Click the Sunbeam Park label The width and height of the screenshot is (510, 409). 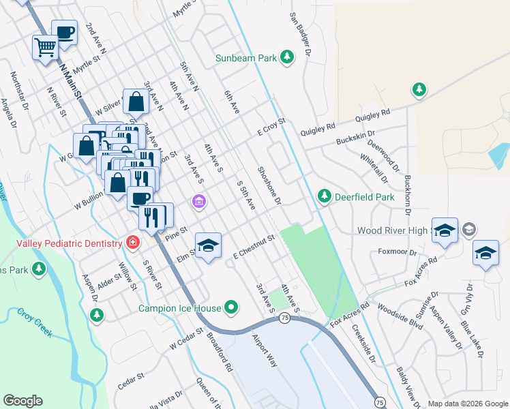(x=246, y=58)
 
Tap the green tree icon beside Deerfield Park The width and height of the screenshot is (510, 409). (x=325, y=198)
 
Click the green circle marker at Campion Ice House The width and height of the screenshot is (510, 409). (x=232, y=307)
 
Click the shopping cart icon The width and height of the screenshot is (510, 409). (x=45, y=48)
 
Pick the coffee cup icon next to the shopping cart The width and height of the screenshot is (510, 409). (x=65, y=33)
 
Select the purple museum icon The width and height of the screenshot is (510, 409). (x=198, y=202)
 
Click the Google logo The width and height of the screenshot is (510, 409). (x=22, y=401)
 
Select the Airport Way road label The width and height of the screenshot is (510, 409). (x=265, y=351)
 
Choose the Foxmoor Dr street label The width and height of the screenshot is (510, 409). (x=397, y=252)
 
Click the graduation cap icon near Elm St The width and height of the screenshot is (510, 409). (x=209, y=244)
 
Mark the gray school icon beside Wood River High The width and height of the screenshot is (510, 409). (x=469, y=230)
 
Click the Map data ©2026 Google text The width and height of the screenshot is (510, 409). (x=468, y=404)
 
